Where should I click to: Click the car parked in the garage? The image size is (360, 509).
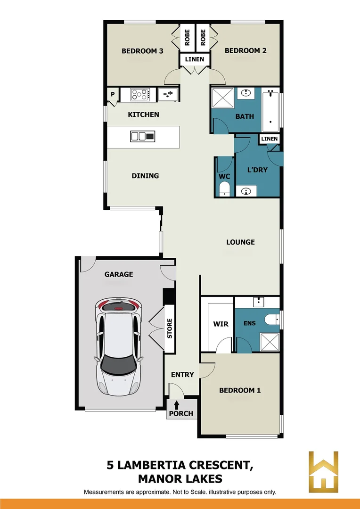point(118,346)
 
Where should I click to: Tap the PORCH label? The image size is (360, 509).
point(181,414)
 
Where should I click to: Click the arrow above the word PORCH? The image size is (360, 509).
point(177,404)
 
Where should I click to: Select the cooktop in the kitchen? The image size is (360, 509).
point(139,94)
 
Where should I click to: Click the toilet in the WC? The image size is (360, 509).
point(225,189)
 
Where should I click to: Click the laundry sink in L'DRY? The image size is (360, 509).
point(245,191)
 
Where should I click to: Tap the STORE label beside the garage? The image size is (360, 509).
point(170,328)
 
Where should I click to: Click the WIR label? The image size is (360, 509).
point(221,324)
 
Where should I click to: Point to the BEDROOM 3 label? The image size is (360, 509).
point(142,51)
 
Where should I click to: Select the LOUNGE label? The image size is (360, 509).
point(240,242)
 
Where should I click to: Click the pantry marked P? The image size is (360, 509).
point(113,94)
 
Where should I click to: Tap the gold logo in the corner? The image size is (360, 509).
point(323,472)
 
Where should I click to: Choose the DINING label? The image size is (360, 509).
point(145,176)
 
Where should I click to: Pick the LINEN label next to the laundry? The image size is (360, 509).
point(270,139)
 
